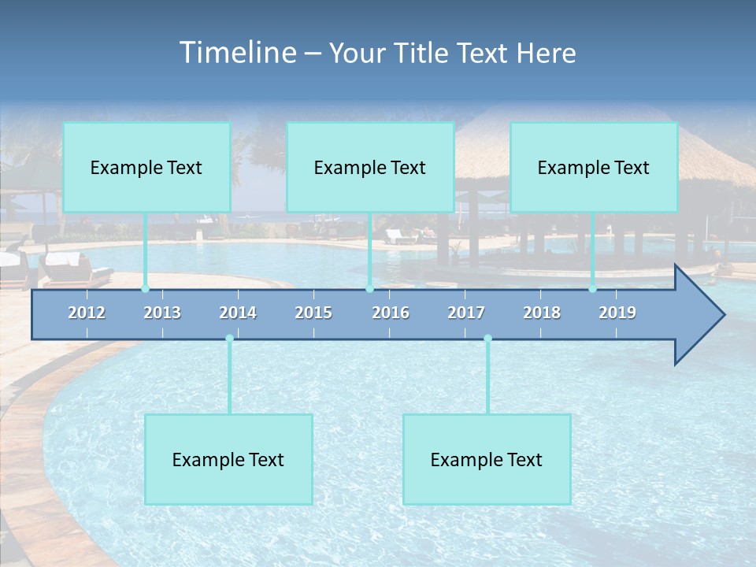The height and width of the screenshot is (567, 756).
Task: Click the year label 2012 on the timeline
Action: pyautogui.click(x=87, y=313)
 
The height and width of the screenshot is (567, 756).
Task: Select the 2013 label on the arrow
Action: pyautogui.click(x=162, y=313)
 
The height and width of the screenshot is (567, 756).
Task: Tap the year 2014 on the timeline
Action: pyautogui.click(x=238, y=313)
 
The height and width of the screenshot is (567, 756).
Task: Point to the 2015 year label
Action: pyautogui.click(x=313, y=313)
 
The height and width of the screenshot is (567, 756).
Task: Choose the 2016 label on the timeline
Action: pyautogui.click(x=391, y=313)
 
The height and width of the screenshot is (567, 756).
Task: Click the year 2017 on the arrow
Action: pyautogui.click(x=466, y=313)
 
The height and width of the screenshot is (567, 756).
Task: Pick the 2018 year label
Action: pyautogui.click(x=542, y=313)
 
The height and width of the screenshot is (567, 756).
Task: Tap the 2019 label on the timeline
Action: pyautogui.click(x=617, y=313)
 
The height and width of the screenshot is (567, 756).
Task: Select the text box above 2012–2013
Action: pyautogui.click(x=146, y=167)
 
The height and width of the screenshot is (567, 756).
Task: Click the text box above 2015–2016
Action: pyautogui.click(x=370, y=167)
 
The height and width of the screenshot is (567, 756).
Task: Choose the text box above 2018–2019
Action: pyautogui.click(x=594, y=167)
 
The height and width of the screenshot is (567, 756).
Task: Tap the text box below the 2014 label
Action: pyautogui.click(x=228, y=459)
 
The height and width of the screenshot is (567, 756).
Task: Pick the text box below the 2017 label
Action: pyautogui.click(x=487, y=459)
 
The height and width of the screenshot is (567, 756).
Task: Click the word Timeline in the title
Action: pyautogui.click(x=237, y=53)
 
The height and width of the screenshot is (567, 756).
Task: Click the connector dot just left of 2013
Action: pyautogui.click(x=145, y=288)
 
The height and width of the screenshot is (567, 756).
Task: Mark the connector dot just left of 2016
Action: pyautogui.click(x=369, y=288)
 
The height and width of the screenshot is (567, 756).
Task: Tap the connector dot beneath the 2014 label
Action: pyautogui.click(x=229, y=339)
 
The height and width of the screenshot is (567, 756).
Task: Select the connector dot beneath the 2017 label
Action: pyautogui.click(x=487, y=339)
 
